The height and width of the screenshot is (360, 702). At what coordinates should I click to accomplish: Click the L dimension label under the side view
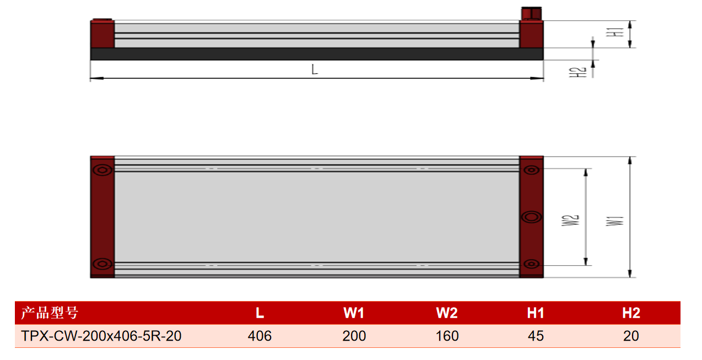click(x=315, y=69)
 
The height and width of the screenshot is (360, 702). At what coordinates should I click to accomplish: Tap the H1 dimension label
click(x=615, y=33)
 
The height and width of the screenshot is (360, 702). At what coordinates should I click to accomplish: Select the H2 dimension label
click(x=577, y=72)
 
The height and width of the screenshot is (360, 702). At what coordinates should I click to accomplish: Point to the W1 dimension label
click(x=615, y=221)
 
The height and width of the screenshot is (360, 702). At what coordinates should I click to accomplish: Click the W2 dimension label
click(x=570, y=221)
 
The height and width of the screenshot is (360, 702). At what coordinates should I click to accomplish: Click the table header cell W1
click(x=354, y=313)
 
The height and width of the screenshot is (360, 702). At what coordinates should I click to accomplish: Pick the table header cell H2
click(x=631, y=313)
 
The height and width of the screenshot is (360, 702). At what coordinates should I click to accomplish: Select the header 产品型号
click(x=50, y=313)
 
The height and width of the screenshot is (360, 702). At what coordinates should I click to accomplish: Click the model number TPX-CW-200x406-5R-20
click(x=101, y=336)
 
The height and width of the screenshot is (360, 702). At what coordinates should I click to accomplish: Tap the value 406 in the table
click(x=260, y=336)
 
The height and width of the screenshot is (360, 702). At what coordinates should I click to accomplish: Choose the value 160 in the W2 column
click(x=447, y=336)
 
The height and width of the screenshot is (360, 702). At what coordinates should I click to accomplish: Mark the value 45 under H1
click(x=536, y=336)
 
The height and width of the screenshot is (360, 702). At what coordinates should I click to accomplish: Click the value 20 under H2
click(x=631, y=336)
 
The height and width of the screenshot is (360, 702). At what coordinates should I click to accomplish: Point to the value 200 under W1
click(x=354, y=336)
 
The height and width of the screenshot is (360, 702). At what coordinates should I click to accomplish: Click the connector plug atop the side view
click(x=532, y=13)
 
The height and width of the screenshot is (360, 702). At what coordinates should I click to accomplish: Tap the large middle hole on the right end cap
click(x=532, y=217)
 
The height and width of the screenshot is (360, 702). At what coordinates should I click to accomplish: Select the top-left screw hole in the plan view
click(x=102, y=170)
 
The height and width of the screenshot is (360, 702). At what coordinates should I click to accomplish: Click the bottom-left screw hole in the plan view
click(x=102, y=264)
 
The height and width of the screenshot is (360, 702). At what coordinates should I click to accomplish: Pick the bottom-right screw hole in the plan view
click(x=532, y=264)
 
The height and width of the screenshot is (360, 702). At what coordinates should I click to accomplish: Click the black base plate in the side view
click(x=316, y=54)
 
